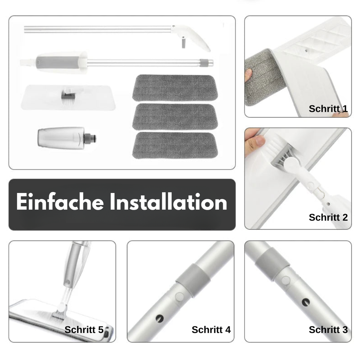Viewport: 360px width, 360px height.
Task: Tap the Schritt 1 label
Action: [x=328, y=109]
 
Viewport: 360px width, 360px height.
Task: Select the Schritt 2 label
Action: [x=328, y=217]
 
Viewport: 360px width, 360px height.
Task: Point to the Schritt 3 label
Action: [x=328, y=329]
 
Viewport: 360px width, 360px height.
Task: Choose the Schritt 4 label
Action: [x=211, y=329]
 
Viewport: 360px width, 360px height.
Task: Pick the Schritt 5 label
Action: [x=84, y=329]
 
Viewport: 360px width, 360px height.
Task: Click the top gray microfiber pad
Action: [x=175, y=88]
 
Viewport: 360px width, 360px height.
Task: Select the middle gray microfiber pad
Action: [x=175, y=117]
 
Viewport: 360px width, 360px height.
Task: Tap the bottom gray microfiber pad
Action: [x=175, y=145]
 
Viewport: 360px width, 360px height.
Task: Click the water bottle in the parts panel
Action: [x=66, y=137]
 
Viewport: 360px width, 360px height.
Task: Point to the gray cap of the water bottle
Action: [x=90, y=138]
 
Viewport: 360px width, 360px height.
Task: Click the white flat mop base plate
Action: [x=68, y=97]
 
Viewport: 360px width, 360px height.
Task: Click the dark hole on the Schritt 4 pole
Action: [x=159, y=318]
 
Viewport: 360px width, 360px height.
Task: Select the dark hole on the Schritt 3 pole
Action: [x=306, y=302]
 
